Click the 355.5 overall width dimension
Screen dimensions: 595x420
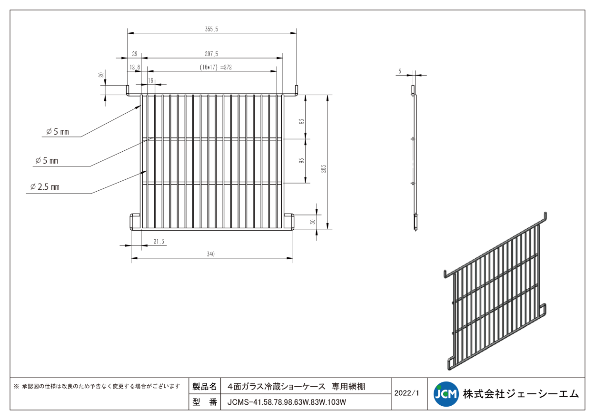pos(211,29)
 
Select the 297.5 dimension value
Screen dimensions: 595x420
pos(211,54)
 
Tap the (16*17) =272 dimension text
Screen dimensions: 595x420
pos(216,67)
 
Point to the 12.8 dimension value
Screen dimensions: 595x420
pos(135,67)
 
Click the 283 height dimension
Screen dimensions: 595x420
pos(323,169)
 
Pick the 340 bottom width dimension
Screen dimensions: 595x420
pos(211,254)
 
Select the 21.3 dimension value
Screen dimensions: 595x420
pos(159,241)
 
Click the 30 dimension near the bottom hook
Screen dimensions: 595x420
pos(313,222)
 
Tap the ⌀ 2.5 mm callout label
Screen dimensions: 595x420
pos(45,187)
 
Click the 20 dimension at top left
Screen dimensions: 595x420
pos(101,75)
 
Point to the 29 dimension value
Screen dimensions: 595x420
pos(135,54)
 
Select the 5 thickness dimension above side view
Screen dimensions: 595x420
pos(400,71)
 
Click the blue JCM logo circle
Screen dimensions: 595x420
pos(446,394)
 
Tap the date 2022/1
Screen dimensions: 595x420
pos(407,393)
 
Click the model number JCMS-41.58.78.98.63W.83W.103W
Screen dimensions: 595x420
pos(287,402)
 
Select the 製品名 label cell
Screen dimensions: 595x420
pos(205,386)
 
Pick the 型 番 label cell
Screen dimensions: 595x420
pos(205,402)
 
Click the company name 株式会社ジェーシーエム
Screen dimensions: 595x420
pos(521,394)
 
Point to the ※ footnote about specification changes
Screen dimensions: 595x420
pos(97,386)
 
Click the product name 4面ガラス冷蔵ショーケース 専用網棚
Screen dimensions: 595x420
pos(296,387)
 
